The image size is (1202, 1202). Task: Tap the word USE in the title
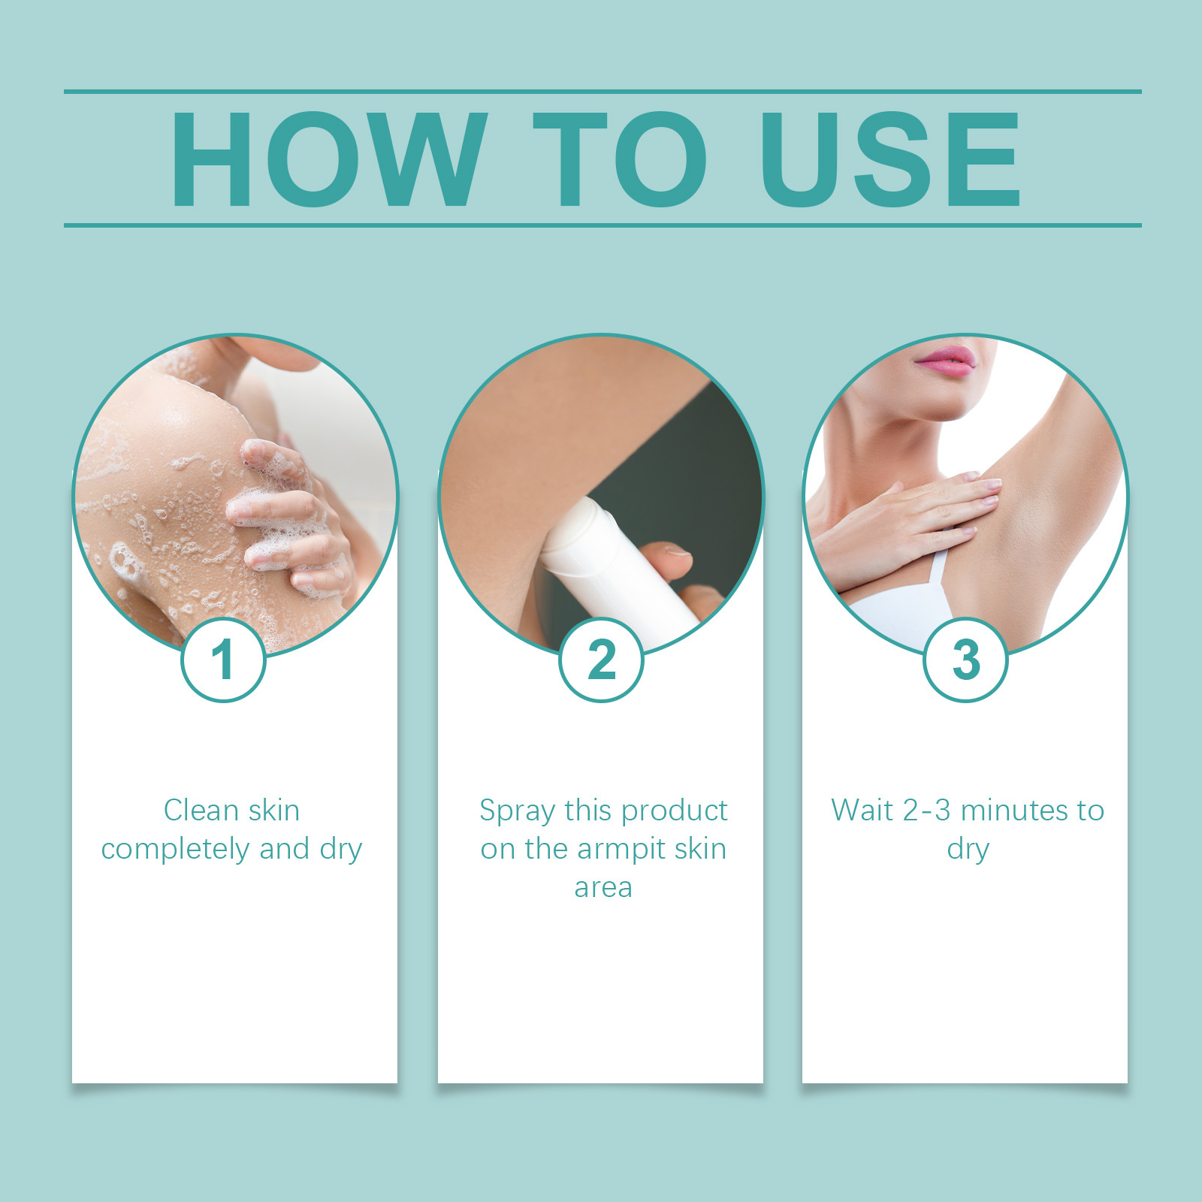(889, 159)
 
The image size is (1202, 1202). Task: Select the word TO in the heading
(619, 159)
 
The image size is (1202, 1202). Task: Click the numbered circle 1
(223, 660)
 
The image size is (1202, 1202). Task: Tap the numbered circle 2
(601, 660)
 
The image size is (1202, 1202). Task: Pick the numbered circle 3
(965, 660)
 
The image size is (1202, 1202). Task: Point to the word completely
(174, 850)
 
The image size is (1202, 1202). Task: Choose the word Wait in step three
(862, 811)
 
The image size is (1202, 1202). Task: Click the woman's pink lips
(946, 361)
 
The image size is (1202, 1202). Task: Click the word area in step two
(603, 888)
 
